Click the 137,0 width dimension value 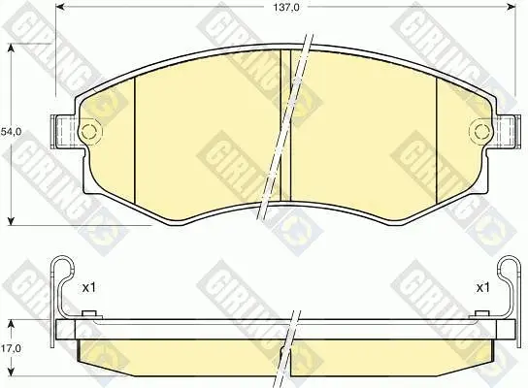(x=286, y=7)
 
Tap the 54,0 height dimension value (x=11, y=132)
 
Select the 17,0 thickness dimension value (x=11, y=348)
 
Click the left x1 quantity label (x=89, y=288)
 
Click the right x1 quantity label (x=483, y=288)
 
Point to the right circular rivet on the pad (x=480, y=131)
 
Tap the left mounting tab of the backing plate (x=64, y=131)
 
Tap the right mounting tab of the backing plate (x=506, y=131)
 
